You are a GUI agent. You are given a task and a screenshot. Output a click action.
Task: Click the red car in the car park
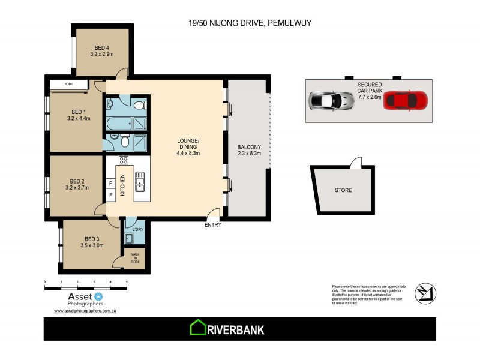tap(406, 100)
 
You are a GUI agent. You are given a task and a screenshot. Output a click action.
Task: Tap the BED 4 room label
tap(101, 48)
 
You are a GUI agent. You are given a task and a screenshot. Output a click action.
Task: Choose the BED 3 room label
tap(91, 238)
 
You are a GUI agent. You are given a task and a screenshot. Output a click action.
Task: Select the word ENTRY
tap(213, 225)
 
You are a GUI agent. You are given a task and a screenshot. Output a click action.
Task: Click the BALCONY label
tap(248, 147)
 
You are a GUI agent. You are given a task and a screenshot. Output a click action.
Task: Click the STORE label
tap(344, 191)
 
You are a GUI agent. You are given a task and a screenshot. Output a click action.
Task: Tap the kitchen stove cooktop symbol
tap(124, 160)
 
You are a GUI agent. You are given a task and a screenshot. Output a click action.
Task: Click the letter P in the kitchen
tap(111, 183)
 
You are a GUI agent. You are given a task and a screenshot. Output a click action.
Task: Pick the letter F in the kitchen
tap(111, 195)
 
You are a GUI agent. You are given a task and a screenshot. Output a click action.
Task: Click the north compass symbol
tap(426, 293)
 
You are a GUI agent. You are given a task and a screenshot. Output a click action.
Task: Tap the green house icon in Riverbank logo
tap(198, 328)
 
